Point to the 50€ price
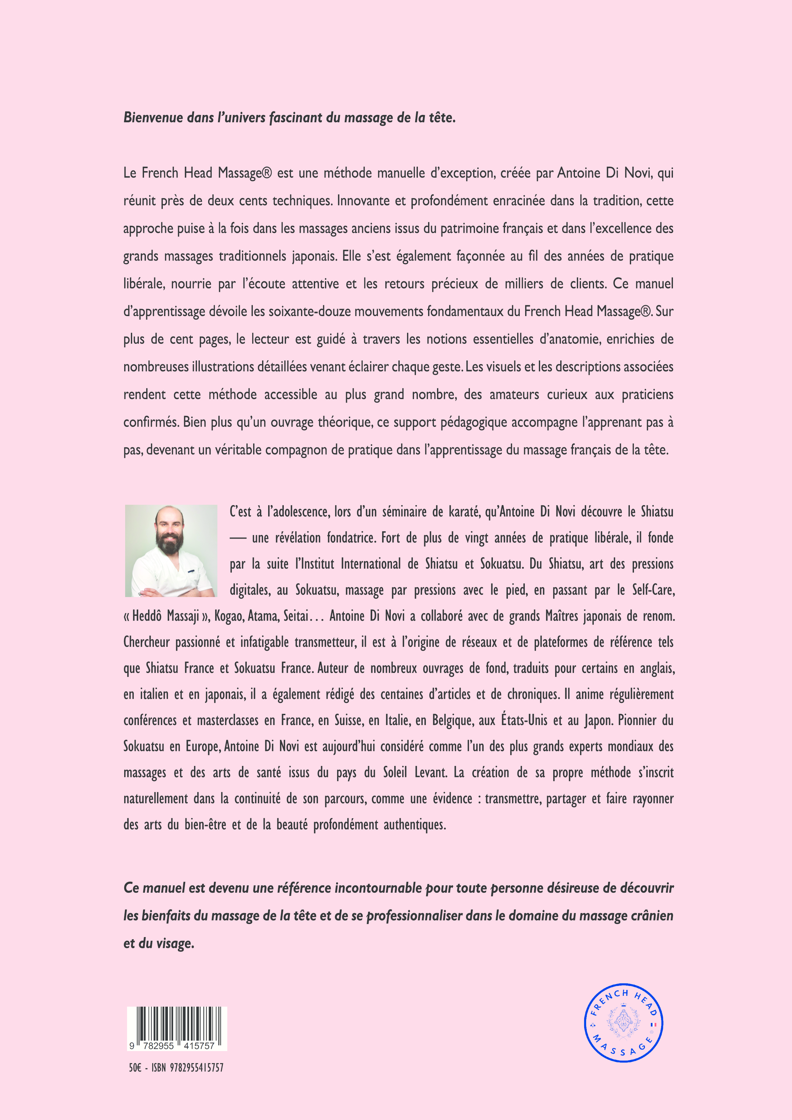(135, 1068)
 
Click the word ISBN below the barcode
(159, 1068)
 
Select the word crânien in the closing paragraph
(652, 916)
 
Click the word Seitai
(295, 616)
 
